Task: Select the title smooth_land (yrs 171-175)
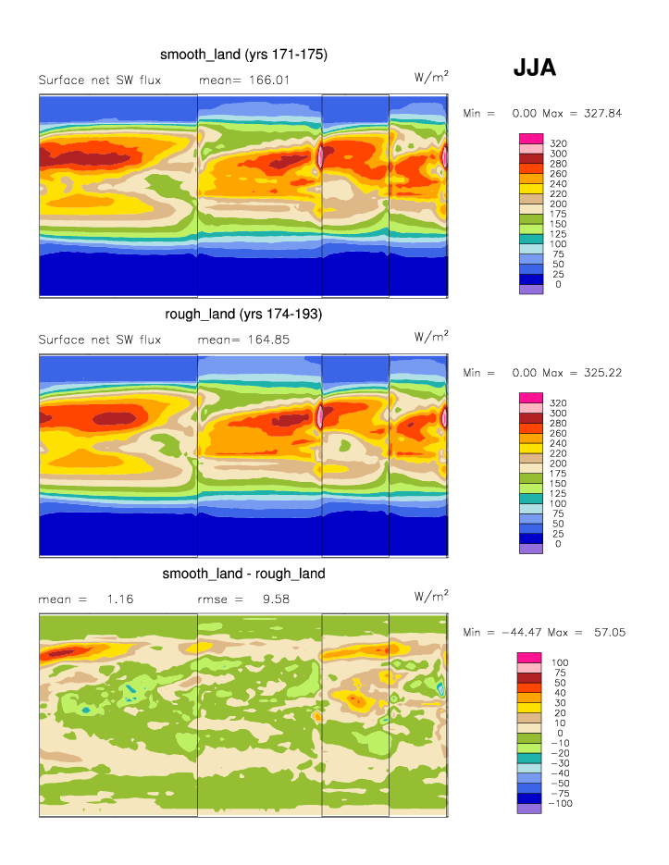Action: coord(243,55)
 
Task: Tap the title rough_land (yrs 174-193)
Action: coord(243,315)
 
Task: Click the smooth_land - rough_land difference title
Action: coord(243,574)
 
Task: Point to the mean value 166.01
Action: coord(264,80)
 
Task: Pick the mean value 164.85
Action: coord(264,340)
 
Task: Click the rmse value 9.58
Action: coord(277,599)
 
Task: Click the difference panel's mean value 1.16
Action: coord(121,599)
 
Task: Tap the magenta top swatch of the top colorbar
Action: coord(531,139)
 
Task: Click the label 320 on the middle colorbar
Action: coord(558,403)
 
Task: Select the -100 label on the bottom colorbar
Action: coord(561,804)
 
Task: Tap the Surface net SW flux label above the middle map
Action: coord(100,340)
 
